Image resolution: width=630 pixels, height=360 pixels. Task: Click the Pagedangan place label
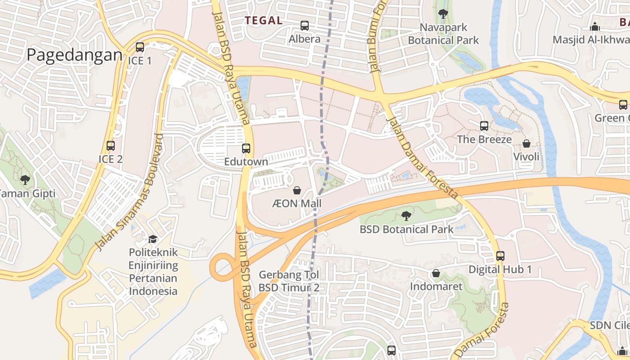pyautogui.click(x=74, y=55)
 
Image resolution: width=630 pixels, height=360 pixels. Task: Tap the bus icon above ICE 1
pyautogui.click(x=140, y=47)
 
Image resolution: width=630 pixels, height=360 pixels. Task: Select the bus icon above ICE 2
pyautogui.click(x=110, y=146)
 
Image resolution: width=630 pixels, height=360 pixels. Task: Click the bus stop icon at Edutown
pyautogui.click(x=246, y=148)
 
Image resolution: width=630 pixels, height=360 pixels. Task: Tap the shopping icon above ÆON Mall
pyautogui.click(x=297, y=190)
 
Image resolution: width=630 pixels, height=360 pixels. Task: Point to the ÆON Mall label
pyautogui.click(x=297, y=204)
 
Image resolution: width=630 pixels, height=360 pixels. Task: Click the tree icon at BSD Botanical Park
pyautogui.click(x=406, y=216)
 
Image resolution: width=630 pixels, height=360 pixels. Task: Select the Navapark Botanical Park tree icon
pyautogui.click(x=443, y=14)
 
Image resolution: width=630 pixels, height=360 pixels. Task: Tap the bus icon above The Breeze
pyautogui.click(x=484, y=126)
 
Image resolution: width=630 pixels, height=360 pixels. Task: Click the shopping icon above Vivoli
pyautogui.click(x=526, y=144)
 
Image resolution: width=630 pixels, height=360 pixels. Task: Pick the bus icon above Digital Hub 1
pyautogui.click(x=500, y=256)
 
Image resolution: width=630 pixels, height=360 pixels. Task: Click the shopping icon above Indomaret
pyautogui.click(x=436, y=273)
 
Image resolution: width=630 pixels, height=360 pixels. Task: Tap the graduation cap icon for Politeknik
pyautogui.click(x=153, y=239)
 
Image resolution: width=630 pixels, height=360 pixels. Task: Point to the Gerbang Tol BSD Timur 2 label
pyautogui.click(x=289, y=281)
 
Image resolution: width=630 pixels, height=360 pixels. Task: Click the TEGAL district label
pyautogui.click(x=264, y=20)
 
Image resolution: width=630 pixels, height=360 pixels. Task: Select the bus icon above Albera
pyautogui.click(x=305, y=26)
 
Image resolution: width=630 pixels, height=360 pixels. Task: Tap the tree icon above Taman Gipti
pyautogui.click(x=25, y=180)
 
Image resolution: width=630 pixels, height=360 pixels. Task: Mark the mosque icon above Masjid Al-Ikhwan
pyautogui.click(x=595, y=27)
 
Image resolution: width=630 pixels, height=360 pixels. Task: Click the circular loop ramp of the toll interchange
pyautogui.click(x=221, y=268)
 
